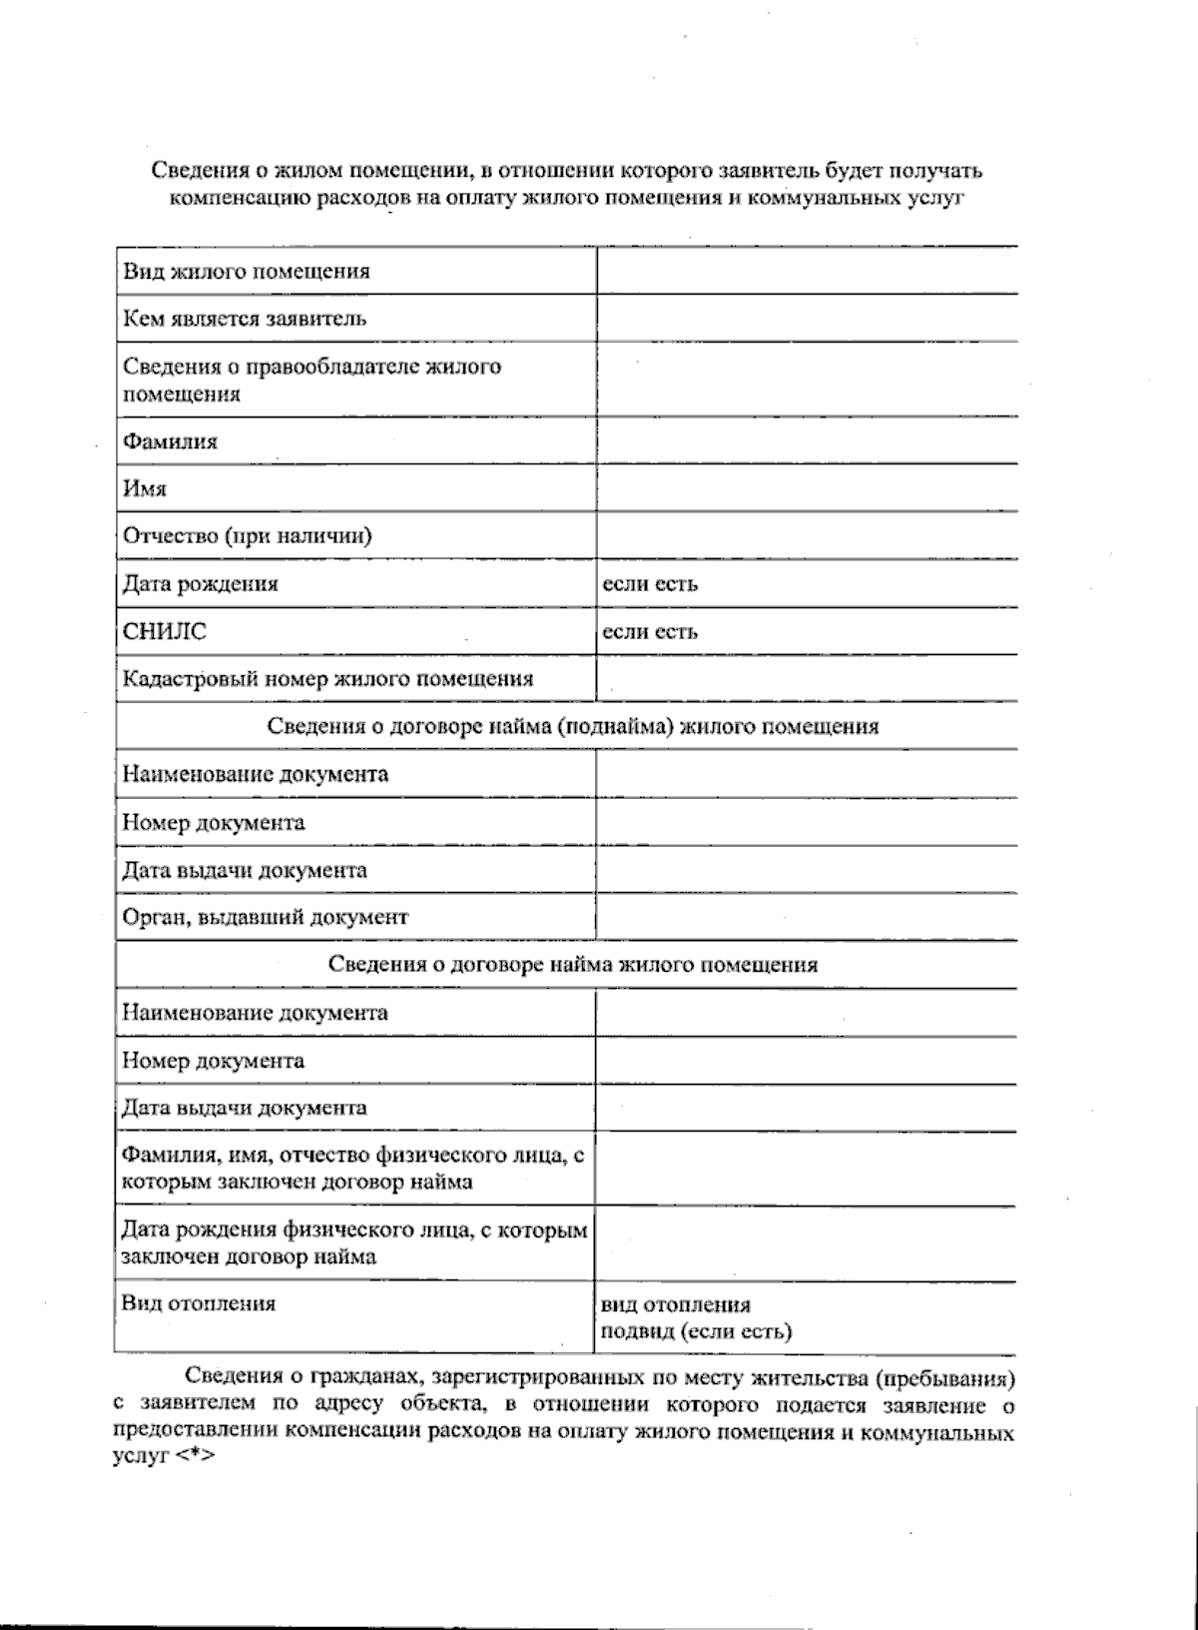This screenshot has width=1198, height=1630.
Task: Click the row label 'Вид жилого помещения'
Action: pyautogui.click(x=246, y=272)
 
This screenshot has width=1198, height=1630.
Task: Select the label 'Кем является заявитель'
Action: pyautogui.click(x=245, y=320)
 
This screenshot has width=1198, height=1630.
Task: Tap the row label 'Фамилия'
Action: pyautogui.click(x=170, y=441)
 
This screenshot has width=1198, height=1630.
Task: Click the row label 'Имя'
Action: pyautogui.click(x=145, y=489)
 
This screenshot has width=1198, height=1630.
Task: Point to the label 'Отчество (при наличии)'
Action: pyautogui.click(x=247, y=536)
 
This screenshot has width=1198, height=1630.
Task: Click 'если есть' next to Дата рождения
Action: pyautogui.click(x=650, y=584)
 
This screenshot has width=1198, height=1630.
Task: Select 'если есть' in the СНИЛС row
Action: pyautogui.click(x=650, y=632)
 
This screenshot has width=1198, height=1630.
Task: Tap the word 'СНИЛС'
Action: pyautogui.click(x=165, y=632)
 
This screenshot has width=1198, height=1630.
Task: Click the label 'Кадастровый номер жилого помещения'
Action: pyautogui.click(x=327, y=680)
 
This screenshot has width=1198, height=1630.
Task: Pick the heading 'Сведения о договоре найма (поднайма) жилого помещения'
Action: pyautogui.click(x=573, y=727)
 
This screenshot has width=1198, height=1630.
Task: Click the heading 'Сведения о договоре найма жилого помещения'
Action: pyautogui.click(x=573, y=965)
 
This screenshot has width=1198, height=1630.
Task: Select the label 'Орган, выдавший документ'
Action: pyautogui.click(x=266, y=917)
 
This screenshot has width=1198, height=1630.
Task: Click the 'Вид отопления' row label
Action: pyautogui.click(x=199, y=1303)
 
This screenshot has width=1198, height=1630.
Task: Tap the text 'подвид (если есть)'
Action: pyautogui.click(x=695, y=1331)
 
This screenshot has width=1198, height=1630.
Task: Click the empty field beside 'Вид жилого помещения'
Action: pyautogui.click(x=807, y=271)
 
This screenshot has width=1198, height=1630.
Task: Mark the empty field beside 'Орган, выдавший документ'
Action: pyautogui.click(x=807, y=917)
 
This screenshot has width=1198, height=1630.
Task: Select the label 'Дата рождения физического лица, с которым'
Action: pyautogui.click(x=354, y=1230)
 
